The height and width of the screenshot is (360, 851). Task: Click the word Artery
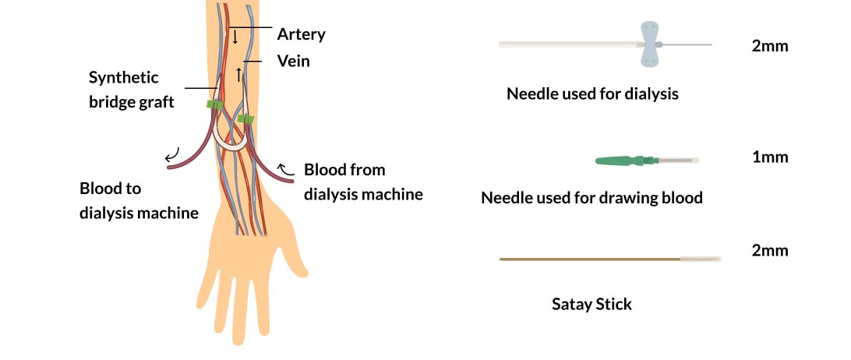[x=301, y=34]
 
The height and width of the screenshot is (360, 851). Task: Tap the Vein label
[x=293, y=61]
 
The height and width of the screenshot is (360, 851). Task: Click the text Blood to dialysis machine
[x=139, y=201]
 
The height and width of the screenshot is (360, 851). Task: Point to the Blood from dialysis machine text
[x=363, y=182]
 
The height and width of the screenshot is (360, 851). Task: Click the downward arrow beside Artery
[x=234, y=35]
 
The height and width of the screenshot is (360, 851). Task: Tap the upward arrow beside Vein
[x=240, y=74]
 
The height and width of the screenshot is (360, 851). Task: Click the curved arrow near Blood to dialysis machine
[x=172, y=154]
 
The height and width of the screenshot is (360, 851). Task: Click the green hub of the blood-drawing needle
[x=620, y=161]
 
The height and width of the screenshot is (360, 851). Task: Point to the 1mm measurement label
[x=770, y=157]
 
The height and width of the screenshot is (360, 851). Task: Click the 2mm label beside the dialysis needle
[x=770, y=46]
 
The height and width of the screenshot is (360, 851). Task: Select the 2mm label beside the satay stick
[x=770, y=251]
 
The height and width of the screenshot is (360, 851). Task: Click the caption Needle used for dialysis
[x=592, y=94]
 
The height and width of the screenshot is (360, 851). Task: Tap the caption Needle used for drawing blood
[x=591, y=198]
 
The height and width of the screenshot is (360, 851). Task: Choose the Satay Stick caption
[x=591, y=304]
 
